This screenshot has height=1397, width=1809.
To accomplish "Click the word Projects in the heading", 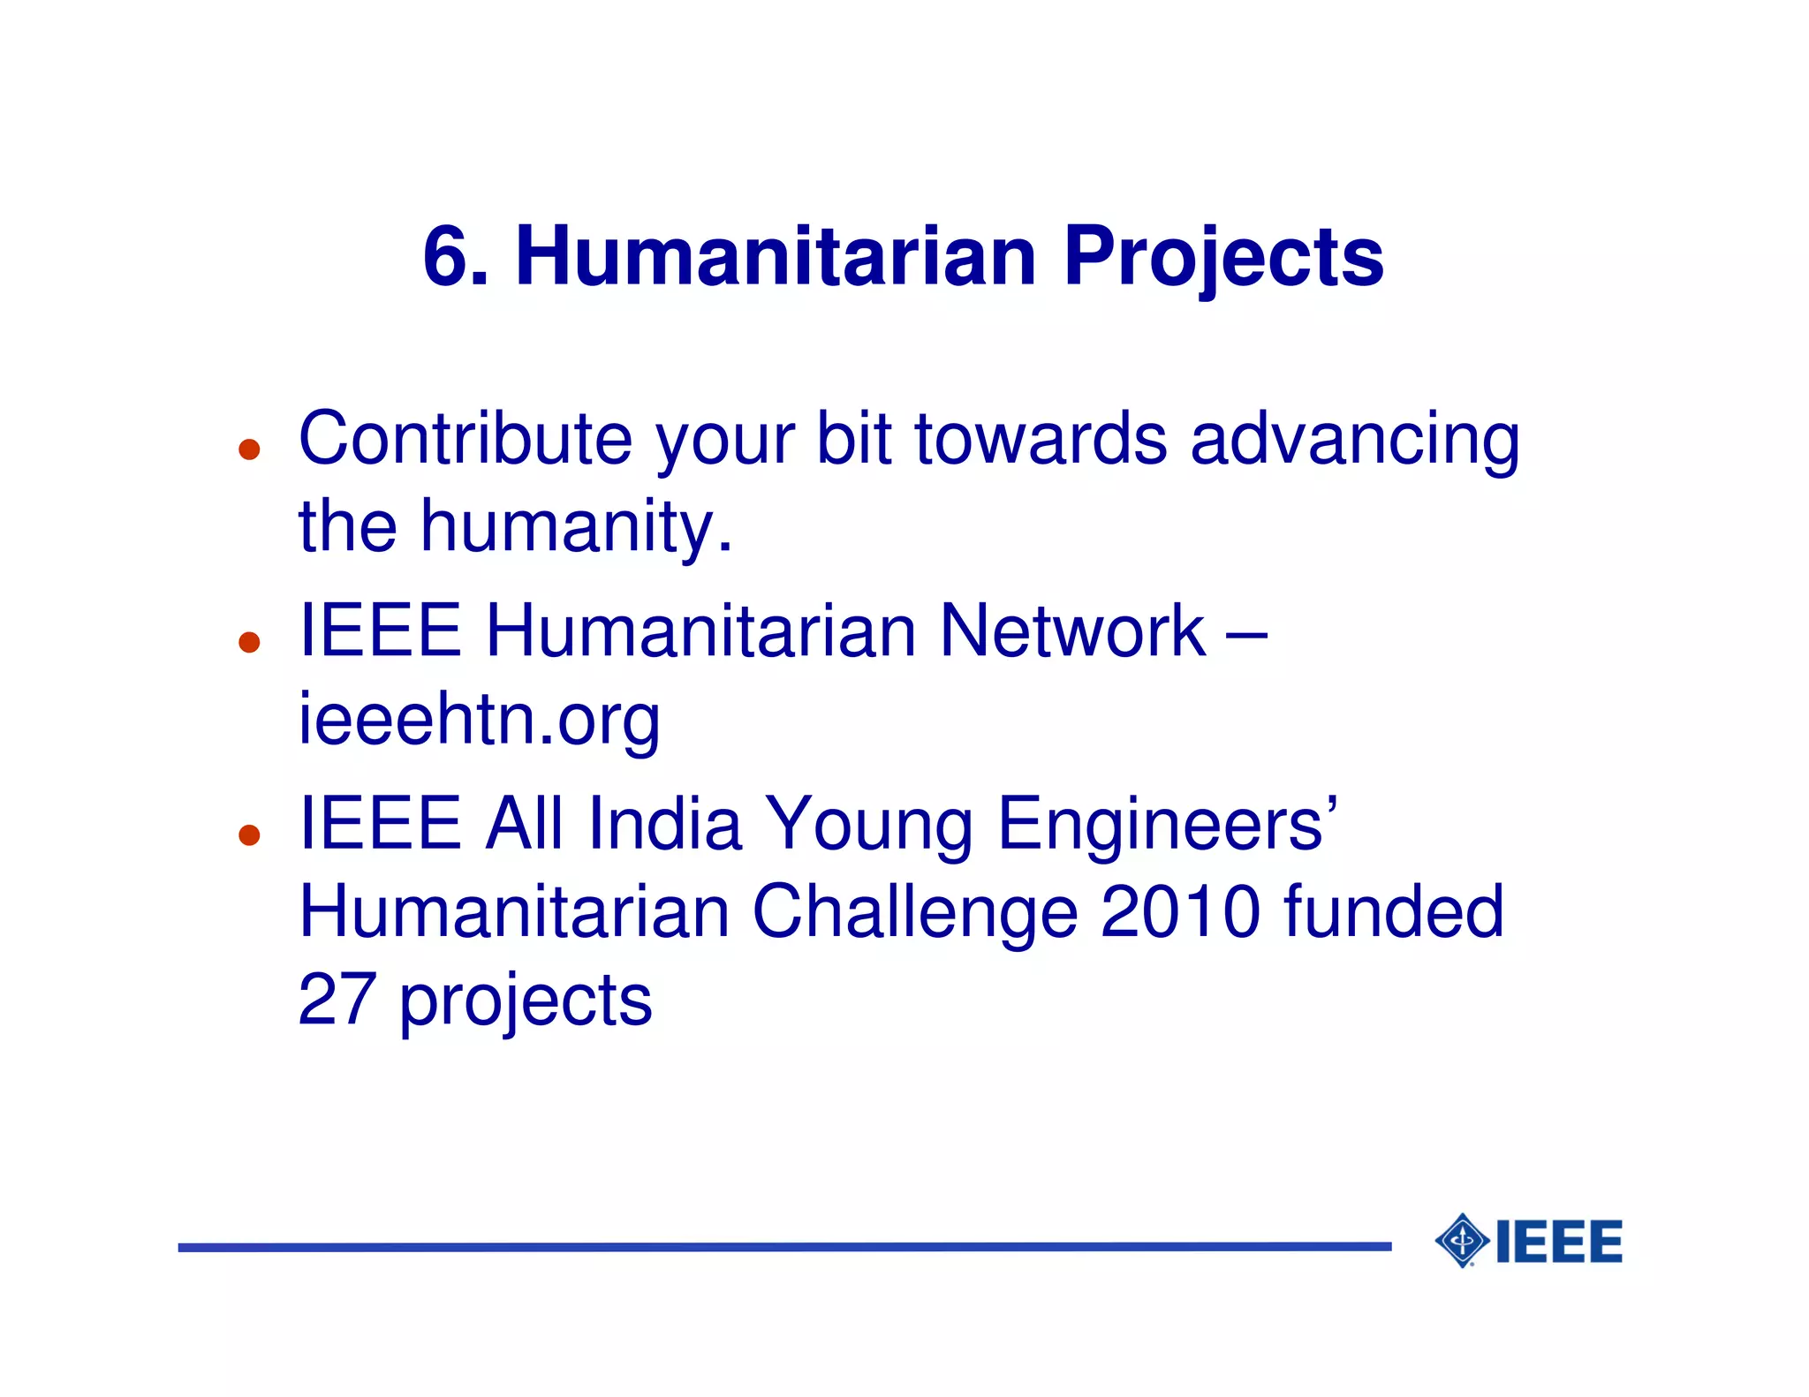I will pyautogui.click(x=1222, y=257).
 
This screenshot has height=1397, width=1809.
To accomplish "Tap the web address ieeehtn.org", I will pyautogui.click(x=479, y=721).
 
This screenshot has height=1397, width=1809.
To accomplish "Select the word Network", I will pyautogui.click(x=1071, y=631).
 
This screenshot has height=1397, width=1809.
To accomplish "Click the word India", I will pyautogui.click(x=664, y=824).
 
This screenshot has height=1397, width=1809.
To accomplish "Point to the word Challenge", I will pyautogui.click(x=914, y=913).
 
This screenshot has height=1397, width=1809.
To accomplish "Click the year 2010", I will pyautogui.click(x=1180, y=911).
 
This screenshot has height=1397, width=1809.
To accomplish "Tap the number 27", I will pyautogui.click(x=337, y=1000).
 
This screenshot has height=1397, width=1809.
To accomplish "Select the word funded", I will pyautogui.click(x=1393, y=911).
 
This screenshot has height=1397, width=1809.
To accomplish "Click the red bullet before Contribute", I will pyautogui.click(x=250, y=449).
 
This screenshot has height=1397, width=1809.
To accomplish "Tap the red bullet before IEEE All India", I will pyautogui.click(x=250, y=834).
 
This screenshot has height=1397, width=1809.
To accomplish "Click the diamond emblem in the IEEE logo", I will pyautogui.click(x=1462, y=1241).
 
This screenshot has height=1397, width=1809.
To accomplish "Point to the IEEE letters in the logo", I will pyautogui.click(x=1559, y=1242).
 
